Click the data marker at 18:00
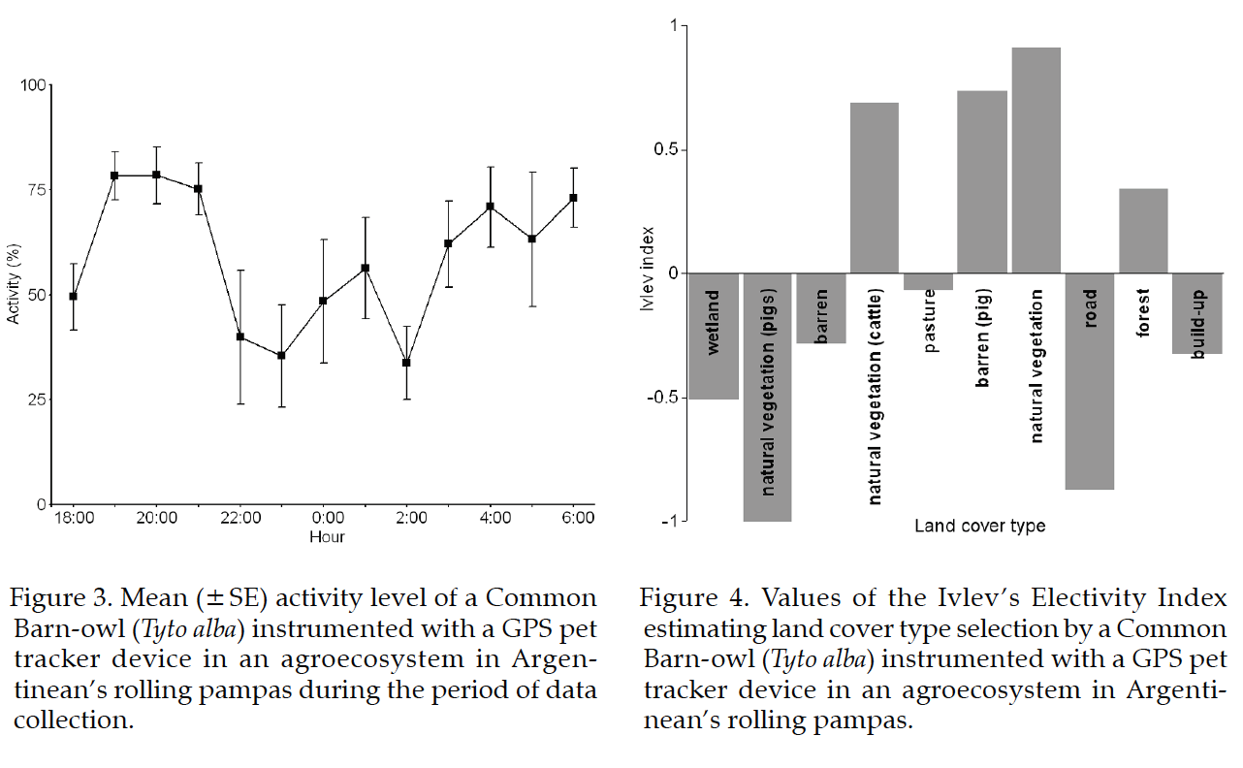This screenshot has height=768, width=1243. [73, 296]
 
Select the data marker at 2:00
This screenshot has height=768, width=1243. [406, 363]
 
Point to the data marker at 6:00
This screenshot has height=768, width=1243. [573, 198]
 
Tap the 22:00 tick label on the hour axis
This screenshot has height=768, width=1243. [240, 519]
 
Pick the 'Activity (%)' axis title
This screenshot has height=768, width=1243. [14, 294]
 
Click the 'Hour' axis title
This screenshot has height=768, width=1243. [327, 536]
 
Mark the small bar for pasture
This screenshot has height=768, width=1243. [928, 282]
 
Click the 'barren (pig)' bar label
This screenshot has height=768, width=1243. [982, 338]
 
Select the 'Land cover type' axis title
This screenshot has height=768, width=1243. [980, 527]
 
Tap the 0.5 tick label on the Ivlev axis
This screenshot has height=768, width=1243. [666, 150]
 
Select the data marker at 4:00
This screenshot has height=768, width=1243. [490, 207]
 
